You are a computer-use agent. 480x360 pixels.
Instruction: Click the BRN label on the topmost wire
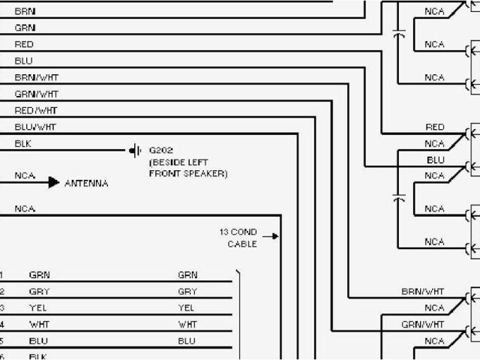tap(25, 12)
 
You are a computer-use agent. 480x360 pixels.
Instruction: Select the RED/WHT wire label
tap(35, 110)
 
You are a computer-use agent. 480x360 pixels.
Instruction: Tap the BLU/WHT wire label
tap(35, 127)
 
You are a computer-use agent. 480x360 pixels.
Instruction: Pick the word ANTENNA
tap(86, 183)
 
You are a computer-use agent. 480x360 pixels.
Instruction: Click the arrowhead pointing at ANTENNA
tap(53, 182)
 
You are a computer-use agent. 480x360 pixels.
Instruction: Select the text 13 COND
tap(238, 232)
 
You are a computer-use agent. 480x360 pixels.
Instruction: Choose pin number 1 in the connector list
tap(1, 275)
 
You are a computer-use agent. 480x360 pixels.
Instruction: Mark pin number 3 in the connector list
tap(1, 308)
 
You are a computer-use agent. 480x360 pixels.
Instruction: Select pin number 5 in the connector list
tap(1, 340)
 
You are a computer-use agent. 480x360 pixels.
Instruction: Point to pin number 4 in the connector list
tap(1, 324)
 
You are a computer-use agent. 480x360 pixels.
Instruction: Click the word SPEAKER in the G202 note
tap(205, 173)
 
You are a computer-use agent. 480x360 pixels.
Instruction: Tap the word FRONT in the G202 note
tap(165, 173)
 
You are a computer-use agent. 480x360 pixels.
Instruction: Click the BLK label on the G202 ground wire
tap(23, 143)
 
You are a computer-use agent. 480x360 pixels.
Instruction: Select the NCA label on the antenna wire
tap(25, 176)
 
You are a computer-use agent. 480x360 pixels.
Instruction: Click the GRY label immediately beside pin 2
tap(39, 292)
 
